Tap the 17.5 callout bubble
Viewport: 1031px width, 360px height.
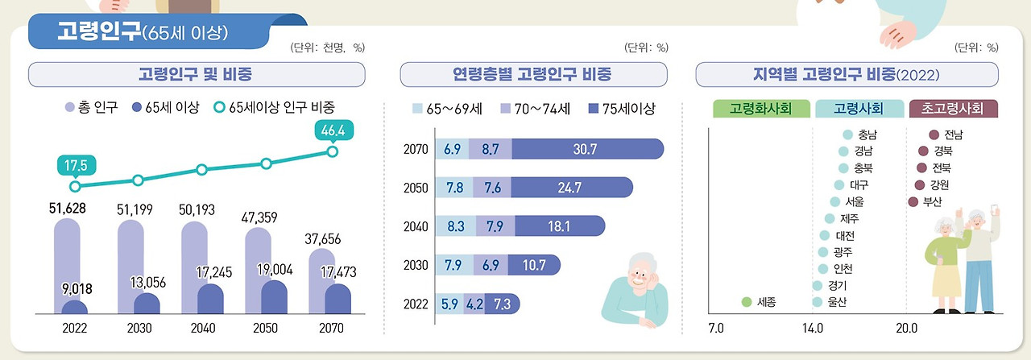(77, 166)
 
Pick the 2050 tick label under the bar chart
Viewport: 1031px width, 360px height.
(266, 329)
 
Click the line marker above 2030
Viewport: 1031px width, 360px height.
(138, 180)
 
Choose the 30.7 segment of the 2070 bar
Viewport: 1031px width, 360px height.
(586, 149)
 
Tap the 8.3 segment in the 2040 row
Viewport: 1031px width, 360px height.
(455, 226)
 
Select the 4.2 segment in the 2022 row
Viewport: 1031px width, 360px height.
(474, 304)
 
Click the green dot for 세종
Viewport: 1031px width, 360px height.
(747, 303)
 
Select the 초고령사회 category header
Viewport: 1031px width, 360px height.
(954, 108)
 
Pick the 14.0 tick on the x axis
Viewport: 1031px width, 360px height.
(813, 329)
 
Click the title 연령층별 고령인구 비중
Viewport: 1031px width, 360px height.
(533, 75)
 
